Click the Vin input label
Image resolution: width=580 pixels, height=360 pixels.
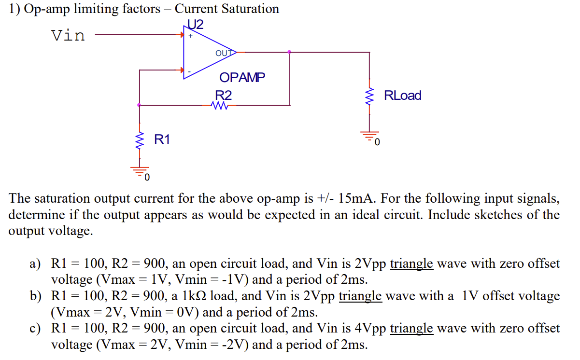point(68,35)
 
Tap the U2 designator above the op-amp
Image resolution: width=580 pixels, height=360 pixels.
point(196,24)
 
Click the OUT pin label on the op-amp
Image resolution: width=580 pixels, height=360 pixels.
point(224,53)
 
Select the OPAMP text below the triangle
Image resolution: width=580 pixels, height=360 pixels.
point(242,77)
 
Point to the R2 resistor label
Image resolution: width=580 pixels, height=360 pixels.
point(223,96)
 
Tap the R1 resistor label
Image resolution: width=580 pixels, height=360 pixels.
point(162,140)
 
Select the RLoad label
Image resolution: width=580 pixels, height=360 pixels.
point(402,96)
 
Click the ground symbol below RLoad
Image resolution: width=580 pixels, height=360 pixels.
point(370,137)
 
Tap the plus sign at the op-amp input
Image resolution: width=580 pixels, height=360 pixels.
point(191,36)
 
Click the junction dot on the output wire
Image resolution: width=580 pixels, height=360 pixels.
point(289,52)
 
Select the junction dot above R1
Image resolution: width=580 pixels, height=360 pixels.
point(139,105)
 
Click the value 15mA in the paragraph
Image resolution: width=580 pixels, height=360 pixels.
point(355,199)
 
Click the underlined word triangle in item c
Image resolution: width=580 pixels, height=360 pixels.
point(411,329)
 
